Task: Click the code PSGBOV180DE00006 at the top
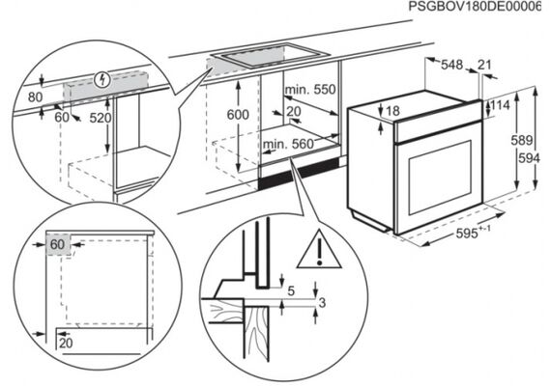coord(475,7)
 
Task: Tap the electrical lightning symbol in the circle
coord(103,80)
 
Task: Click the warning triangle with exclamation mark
coord(319,250)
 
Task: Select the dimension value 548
coord(451,65)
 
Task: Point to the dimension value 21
coord(484,65)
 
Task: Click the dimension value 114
coord(500,104)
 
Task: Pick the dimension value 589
coord(521,140)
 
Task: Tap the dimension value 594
coord(529,158)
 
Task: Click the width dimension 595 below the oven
coord(473,233)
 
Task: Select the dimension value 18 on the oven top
coord(392,111)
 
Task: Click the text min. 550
coord(310,90)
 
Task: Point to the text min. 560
coord(288,144)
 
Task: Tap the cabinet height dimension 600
coord(238,115)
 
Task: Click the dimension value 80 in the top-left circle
coord(35,97)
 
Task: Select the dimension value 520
coord(101,118)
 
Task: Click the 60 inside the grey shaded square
coord(58,244)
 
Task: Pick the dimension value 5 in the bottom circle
coord(291,290)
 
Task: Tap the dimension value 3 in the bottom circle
coord(322,302)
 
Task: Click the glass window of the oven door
coord(440,178)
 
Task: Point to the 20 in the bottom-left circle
coord(66,343)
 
